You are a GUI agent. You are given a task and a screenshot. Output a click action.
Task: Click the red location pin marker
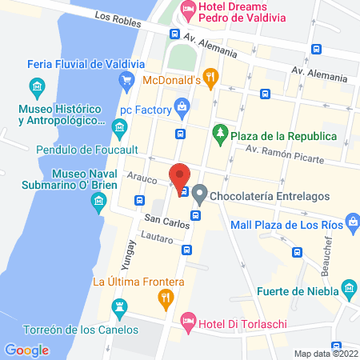[x=179, y=175]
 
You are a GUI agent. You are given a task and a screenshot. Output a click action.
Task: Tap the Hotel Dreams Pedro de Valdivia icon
[x=188, y=12]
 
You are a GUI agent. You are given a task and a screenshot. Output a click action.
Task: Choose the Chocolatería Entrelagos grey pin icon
[x=200, y=192]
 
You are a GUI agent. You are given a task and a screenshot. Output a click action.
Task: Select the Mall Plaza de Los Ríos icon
[x=352, y=218]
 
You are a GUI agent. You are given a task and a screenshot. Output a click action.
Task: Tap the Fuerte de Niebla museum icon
[x=348, y=287]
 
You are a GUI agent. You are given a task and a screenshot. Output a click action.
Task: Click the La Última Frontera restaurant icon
[x=166, y=300]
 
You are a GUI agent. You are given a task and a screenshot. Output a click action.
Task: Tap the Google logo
[x=26, y=350]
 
